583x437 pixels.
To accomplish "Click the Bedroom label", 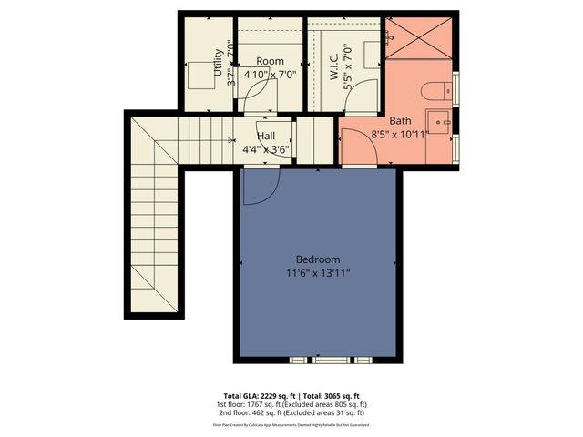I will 318,258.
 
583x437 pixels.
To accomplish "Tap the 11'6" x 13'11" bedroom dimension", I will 318,271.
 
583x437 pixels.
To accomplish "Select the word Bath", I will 400,120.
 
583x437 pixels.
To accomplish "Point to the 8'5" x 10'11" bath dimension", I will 400,134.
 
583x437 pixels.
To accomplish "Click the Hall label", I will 266,136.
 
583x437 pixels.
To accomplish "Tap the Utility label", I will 218,65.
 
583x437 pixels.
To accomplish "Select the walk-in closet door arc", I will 364,95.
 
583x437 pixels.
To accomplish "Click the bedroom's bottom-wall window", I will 318,361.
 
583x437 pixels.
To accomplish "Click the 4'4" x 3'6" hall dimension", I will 266,149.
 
